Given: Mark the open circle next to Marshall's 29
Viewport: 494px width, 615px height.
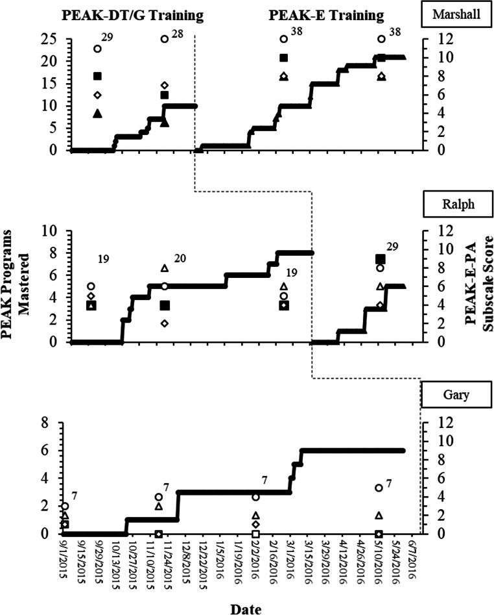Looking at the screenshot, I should click(x=97, y=48).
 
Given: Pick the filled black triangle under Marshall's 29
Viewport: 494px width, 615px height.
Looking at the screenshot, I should click(x=97, y=114).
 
